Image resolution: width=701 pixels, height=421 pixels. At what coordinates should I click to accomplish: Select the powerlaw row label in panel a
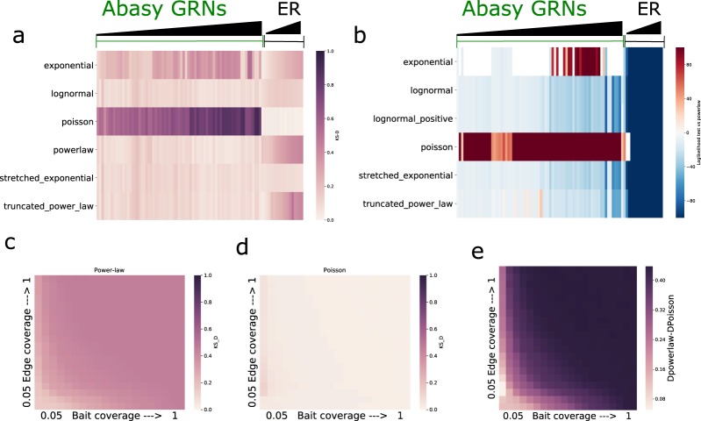tap(68, 149)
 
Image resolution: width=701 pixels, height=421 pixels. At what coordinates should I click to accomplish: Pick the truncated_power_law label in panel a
tap(54, 206)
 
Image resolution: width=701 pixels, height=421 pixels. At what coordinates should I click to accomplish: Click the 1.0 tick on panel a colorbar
tap(326, 53)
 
